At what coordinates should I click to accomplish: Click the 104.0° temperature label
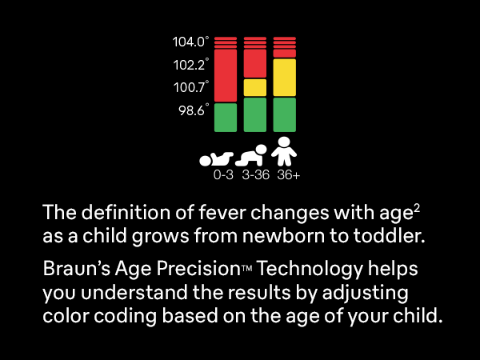coord(190,41)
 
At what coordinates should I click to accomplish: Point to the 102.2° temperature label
coord(190,64)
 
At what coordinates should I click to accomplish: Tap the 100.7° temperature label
coord(190,87)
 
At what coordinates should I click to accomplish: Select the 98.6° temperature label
coord(193,110)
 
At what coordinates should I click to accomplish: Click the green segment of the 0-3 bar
coord(226,117)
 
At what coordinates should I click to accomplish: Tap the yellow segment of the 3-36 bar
coord(255,87)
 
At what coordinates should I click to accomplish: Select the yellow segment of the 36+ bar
coord(285,77)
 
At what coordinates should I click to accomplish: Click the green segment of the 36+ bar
coord(285,114)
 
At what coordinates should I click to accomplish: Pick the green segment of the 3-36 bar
coord(255,114)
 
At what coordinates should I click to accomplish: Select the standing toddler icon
coord(285,150)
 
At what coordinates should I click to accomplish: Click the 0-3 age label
coord(223,174)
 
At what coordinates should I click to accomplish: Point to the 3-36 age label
coord(255,174)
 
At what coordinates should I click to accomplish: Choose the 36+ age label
coord(288,174)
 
